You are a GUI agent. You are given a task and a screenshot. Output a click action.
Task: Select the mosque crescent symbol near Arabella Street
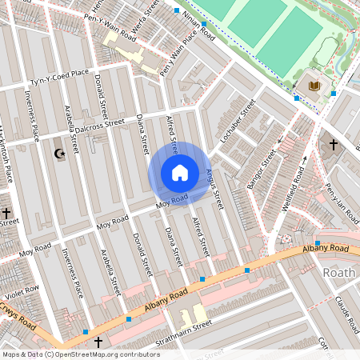tap(58, 153)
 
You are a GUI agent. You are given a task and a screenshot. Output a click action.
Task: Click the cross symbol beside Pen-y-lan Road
tap(334, 145)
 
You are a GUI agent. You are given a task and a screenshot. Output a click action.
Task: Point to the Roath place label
tap(338, 273)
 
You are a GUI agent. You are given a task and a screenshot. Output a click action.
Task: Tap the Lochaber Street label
tap(237, 120)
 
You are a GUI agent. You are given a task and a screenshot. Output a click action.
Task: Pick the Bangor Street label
tap(262, 167)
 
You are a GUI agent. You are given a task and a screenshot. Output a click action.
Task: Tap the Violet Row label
tap(20, 294)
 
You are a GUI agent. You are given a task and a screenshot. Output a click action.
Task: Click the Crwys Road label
tap(18, 317)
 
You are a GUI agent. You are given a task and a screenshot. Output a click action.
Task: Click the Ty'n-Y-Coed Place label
tap(60, 78)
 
